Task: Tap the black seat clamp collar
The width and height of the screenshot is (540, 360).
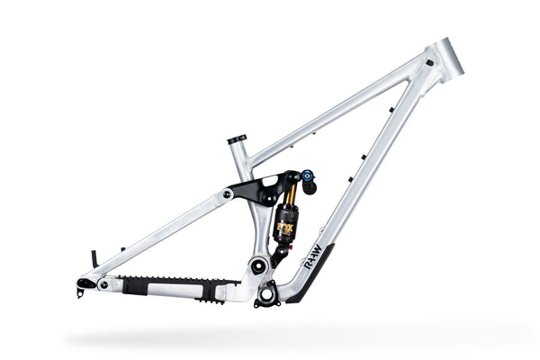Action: [237, 139]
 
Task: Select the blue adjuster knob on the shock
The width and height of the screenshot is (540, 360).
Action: [308, 175]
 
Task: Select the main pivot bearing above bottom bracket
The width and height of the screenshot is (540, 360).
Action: [258, 265]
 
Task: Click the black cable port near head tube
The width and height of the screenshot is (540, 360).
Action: [429, 63]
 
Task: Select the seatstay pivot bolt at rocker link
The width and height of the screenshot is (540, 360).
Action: [227, 193]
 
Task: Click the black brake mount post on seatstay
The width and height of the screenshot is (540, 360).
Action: [94, 259]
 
